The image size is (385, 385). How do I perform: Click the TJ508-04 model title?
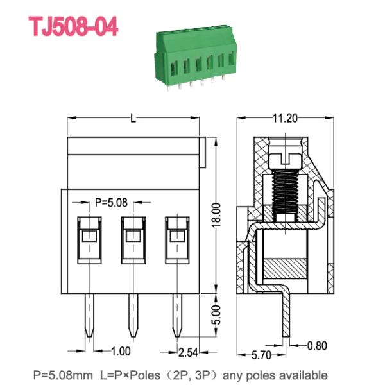point(73,26)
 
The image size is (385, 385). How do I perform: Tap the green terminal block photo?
point(196,57)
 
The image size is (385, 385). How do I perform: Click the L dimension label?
point(133,118)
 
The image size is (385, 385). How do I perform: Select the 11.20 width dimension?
point(285,118)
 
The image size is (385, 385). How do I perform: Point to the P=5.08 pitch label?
point(111,203)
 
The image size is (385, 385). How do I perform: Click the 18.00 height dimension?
point(216,216)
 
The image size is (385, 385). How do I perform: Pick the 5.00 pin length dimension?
point(216,315)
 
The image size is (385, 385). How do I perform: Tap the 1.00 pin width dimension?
point(121,352)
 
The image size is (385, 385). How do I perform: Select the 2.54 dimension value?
point(188,352)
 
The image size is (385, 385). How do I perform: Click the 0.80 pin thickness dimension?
point(317,346)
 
